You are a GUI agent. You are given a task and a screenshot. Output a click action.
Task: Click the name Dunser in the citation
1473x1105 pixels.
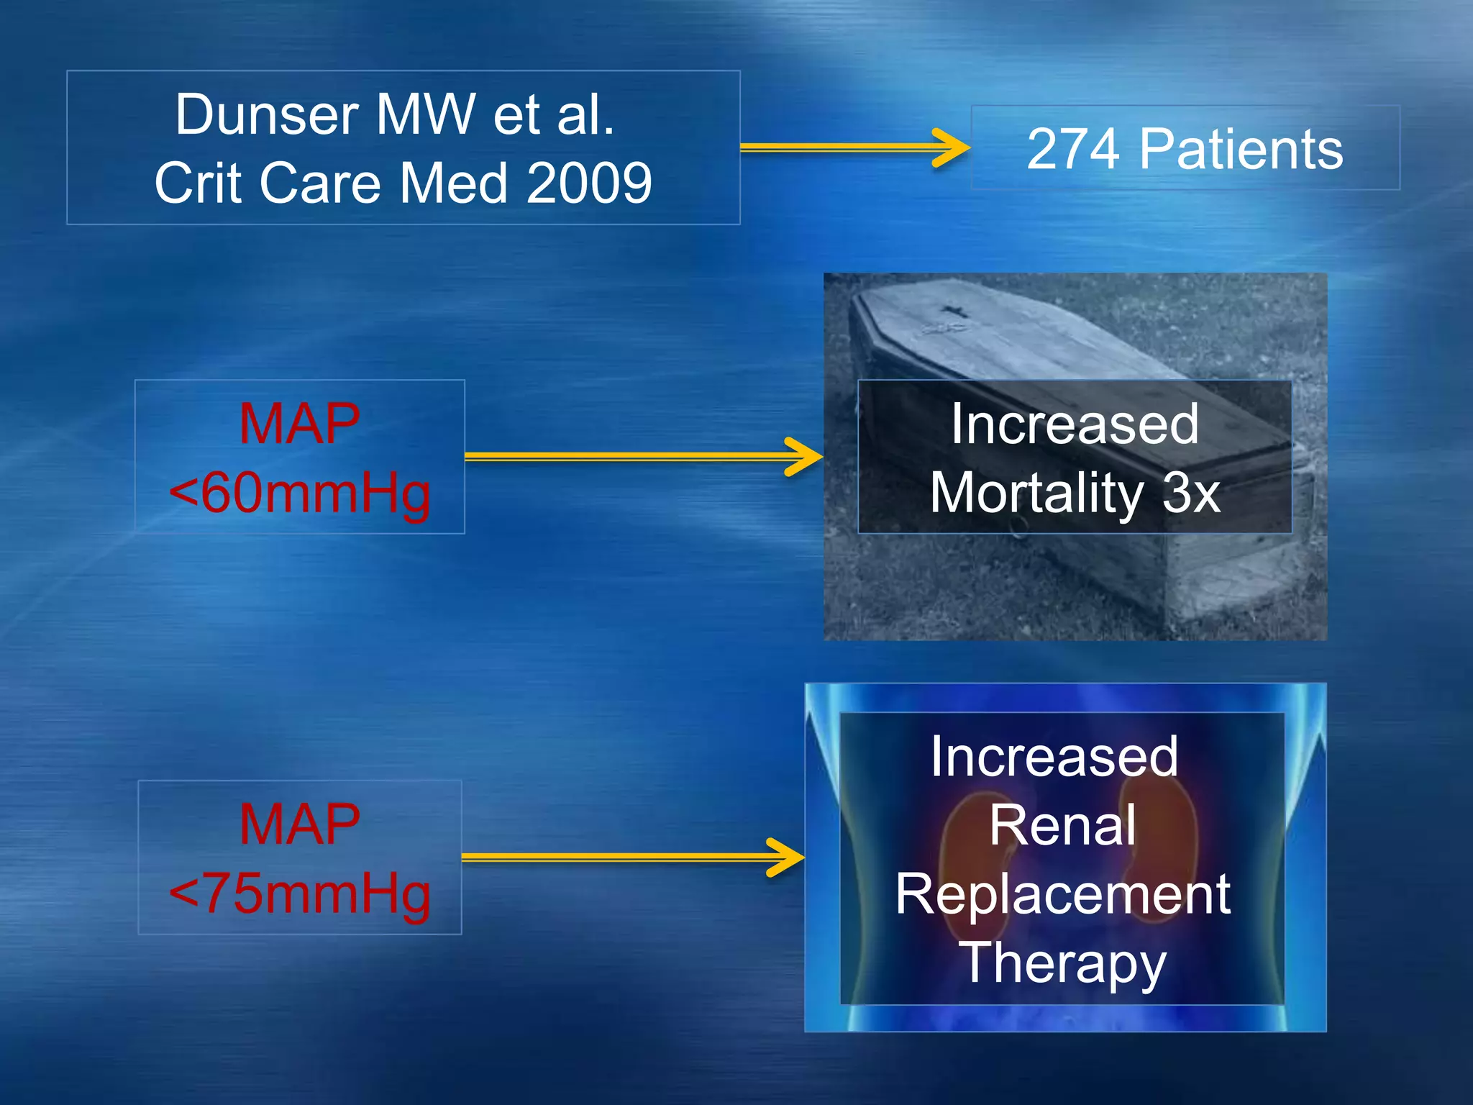(x=267, y=115)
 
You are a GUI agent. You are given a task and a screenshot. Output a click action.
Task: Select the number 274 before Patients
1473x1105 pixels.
(x=1073, y=150)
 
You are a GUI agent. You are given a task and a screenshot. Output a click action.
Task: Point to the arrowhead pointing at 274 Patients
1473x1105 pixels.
(x=953, y=147)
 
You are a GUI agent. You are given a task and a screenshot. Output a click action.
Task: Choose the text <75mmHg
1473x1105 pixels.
(x=299, y=893)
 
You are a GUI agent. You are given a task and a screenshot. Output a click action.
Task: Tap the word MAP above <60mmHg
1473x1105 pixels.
(x=299, y=424)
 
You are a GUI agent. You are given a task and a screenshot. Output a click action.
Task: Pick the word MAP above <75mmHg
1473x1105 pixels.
(x=299, y=824)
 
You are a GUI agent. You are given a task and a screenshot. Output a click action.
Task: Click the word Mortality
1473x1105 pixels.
(x=1036, y=494)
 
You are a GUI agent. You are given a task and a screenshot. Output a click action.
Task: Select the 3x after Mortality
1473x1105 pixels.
(x=1191, y=494)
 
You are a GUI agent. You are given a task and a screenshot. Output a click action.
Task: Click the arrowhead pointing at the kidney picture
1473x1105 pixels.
(x=788, y=857)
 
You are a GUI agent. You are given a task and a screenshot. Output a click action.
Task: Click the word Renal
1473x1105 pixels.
(x=1062, y=825)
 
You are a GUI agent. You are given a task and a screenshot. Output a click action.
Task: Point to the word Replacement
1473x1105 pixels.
(x=1062, y=894)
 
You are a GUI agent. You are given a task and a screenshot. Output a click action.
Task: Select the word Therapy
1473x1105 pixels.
(x=1062, y=963)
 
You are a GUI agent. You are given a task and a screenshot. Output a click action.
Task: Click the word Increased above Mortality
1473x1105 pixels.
(x=1075, y=424)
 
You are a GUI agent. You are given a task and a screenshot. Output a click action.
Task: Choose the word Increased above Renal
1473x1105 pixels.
(x=1054, y=757)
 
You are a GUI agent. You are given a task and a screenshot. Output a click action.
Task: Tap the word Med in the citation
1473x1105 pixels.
(x=453, y=183)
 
